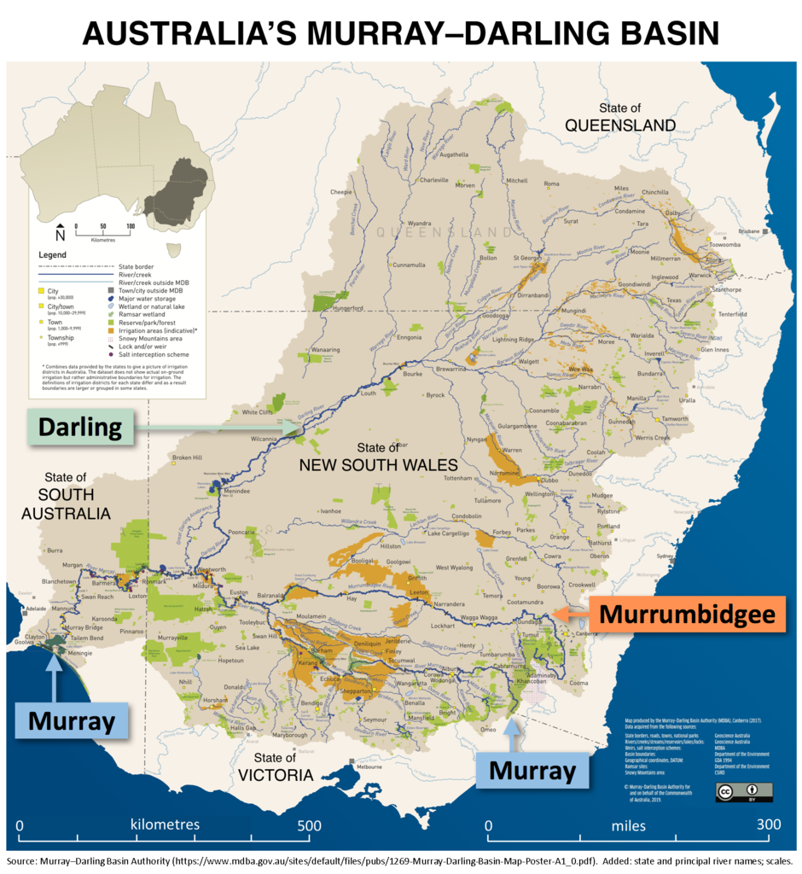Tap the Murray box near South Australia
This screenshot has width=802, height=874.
click(x=72, y=721)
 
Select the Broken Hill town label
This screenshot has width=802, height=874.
click(x=187, y=457)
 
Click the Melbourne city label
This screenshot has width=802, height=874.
click(x=369, y=766)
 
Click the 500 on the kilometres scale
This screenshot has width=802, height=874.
click(x=309, y=825)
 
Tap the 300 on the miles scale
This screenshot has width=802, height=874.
click(x=769, y=825)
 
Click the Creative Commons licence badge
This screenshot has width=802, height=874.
click(x=743, y=792)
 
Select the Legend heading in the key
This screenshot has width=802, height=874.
click(x=52, y=255)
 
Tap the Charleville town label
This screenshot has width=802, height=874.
click(x=433, y=180)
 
